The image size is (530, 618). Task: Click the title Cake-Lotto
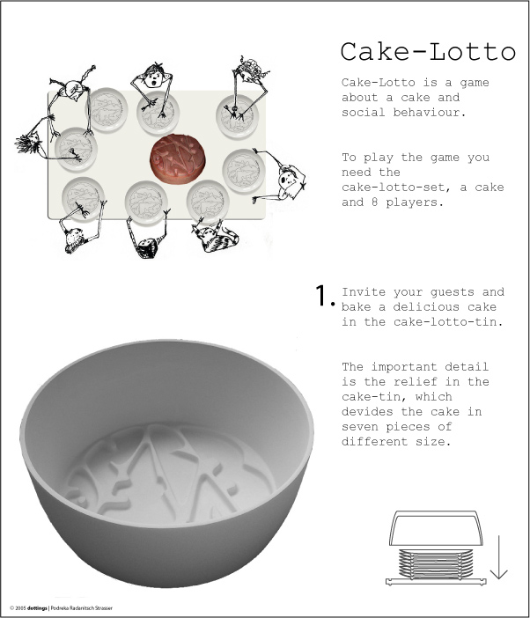pos(428,51)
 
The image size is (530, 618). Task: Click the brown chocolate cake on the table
pos(179,159)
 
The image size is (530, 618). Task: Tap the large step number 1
pos(324,297)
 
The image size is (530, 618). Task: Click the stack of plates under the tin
pos(437,563)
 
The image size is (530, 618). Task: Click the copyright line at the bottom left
pos(62,607)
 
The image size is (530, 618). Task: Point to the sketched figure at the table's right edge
pos(287,180)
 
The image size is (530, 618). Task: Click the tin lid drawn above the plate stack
pos(437,527)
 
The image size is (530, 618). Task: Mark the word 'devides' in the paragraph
pos(371,412)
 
